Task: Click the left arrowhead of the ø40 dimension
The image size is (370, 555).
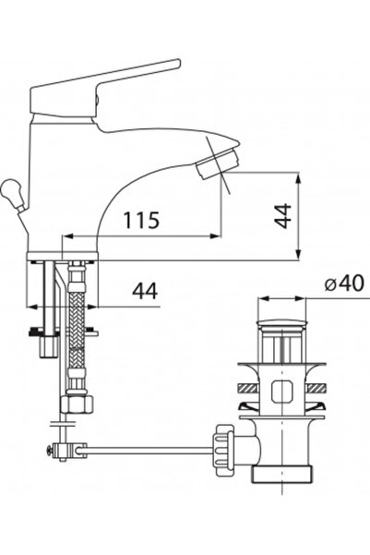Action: (261, 300)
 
